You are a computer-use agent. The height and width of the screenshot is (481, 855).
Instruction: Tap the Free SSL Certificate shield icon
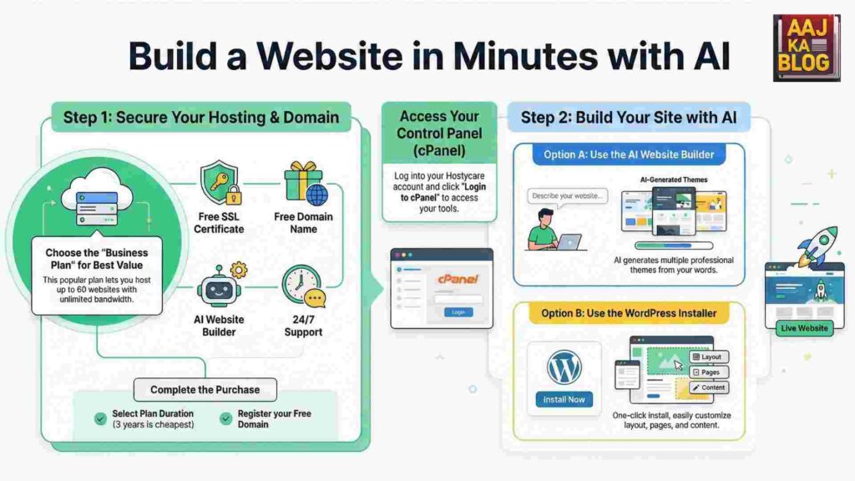220,185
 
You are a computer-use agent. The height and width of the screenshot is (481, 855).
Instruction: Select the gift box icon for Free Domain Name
302,184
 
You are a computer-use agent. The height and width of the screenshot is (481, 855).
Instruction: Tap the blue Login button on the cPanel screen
458,311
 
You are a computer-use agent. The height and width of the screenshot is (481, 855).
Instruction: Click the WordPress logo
564,367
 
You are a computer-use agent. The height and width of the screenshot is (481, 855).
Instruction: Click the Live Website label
805,328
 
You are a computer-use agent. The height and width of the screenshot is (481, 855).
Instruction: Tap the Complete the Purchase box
205,389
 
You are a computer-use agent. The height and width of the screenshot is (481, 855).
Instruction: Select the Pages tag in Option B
708,372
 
